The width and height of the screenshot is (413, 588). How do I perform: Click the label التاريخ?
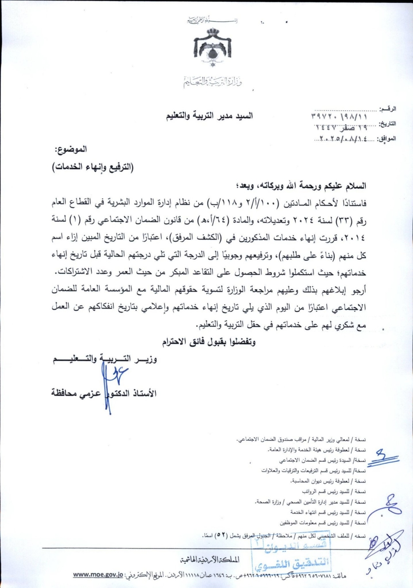click(x=387, y=123)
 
